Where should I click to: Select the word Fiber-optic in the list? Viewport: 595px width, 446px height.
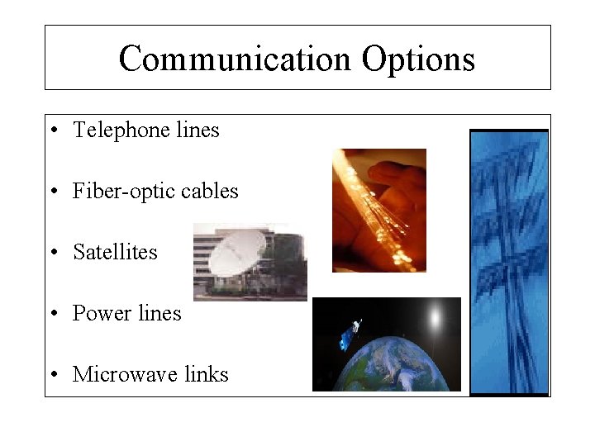[123, 192]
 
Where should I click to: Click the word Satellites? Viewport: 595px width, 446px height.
[115, 252]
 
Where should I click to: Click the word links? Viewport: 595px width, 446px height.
[207, 374]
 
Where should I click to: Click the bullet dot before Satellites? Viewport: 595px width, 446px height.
[53, 253]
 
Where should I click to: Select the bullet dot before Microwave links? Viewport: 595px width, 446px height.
[53, 375]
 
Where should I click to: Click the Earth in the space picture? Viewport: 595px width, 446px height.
[388, 363]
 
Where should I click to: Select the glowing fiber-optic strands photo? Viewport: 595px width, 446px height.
[378, 210]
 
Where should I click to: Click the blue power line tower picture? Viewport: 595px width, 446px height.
[508, 262]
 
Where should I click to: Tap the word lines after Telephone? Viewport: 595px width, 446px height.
[198, 130]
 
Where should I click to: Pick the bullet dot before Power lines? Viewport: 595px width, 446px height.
[53, 314]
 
